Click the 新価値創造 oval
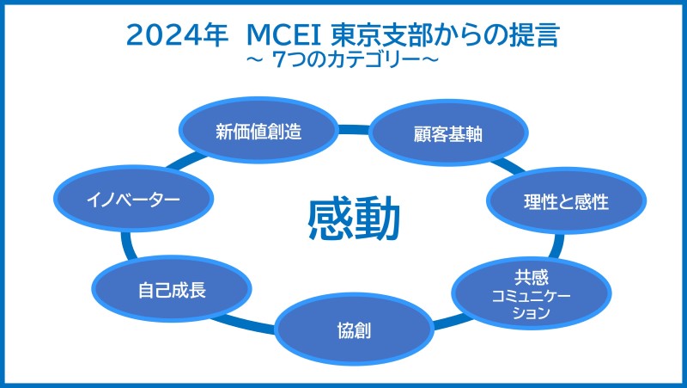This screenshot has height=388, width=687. click(258, 131)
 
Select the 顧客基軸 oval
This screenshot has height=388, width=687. click(448, 133)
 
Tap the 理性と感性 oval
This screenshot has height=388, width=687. click(566, 200)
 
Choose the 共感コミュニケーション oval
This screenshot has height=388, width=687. click(532, 293)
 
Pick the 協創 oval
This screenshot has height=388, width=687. click(354, 329)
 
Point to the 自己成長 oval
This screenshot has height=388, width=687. click(172, 289)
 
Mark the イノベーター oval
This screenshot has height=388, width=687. click(134, 199)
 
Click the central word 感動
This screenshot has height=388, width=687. click(354, 219)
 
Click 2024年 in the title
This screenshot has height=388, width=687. click(177, 34)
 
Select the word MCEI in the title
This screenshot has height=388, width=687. click(284, 35)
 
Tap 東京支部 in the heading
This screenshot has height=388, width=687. click(382, 34)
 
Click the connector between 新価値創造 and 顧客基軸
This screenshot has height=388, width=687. click(354, 130)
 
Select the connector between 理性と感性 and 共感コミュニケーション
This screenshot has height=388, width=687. click(558, 246)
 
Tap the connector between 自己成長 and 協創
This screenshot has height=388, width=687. click(244, 323)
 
